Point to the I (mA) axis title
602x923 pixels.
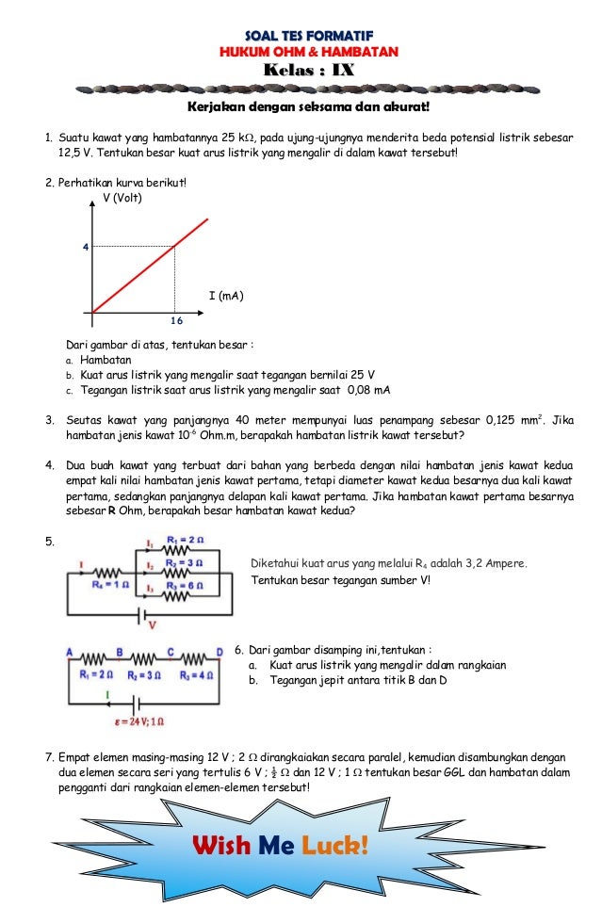pos(226,296)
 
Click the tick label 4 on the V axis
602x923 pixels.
pos(85,247)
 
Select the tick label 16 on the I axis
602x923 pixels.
pos(176,320)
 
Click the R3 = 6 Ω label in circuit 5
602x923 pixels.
pos(185,585)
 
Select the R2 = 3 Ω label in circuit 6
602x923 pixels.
pos(143,674)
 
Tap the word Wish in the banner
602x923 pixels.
pos(222,846)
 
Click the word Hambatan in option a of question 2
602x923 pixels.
pos(106,359)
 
